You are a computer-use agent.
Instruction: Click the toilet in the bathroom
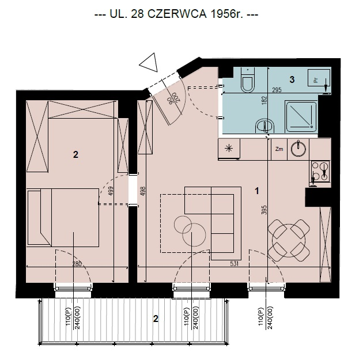(x=248, y=80)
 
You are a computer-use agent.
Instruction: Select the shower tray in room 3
(x=301, y=116)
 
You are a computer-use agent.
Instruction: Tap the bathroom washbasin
(x=265, y=126)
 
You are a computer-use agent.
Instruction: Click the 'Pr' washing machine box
(x=319, y=78)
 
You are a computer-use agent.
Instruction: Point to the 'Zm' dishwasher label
(x=279, y=149)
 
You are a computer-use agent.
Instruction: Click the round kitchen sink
(x=298, y=149)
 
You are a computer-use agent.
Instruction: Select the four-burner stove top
(x=320, y=172)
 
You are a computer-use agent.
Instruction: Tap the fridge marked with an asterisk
(x=229, y=149)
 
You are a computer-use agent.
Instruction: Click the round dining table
(x=289, y=241)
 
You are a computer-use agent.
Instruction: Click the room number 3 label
(x=292, y=79)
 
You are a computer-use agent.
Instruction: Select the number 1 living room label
(x=257, y=191)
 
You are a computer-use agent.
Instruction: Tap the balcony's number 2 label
(x=156, y=319)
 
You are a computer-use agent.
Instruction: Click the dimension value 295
(x=277, y=90)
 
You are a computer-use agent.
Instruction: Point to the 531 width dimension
(x=234, y=264)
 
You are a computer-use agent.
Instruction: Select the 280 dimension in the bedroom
(x=77, y=264)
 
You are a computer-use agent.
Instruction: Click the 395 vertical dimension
(x=264, y=210)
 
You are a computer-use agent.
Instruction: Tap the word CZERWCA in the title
(x=177, y=14)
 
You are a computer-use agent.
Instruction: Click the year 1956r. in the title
(x=227, y=14)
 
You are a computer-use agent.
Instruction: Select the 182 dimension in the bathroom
(x=264, y=100)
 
